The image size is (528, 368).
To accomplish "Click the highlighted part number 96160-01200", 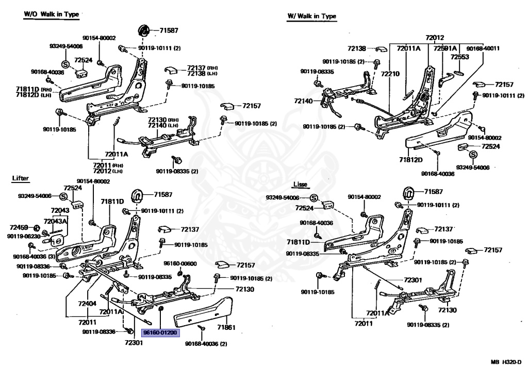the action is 160,332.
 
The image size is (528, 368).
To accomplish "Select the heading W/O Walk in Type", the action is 51,14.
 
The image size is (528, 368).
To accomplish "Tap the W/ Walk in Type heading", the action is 312,16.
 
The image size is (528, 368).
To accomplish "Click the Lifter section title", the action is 21,178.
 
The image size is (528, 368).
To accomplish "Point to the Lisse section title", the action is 301,184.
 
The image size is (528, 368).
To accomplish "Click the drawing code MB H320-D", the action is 506,362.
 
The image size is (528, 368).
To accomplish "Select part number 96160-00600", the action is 180,263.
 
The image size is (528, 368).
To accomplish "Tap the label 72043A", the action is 55,221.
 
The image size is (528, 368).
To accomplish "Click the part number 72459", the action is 19,228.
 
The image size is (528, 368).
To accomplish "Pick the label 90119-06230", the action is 24,237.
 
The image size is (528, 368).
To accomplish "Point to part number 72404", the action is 87,304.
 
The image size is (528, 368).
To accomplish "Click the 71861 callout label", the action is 226,327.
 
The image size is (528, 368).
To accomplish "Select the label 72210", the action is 390,74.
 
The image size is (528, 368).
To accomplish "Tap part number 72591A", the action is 445,48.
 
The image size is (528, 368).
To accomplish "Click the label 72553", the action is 460,57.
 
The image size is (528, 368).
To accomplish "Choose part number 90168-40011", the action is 483,48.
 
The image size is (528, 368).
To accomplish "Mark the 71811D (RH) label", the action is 32,89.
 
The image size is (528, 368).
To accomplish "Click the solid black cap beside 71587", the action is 145,29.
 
